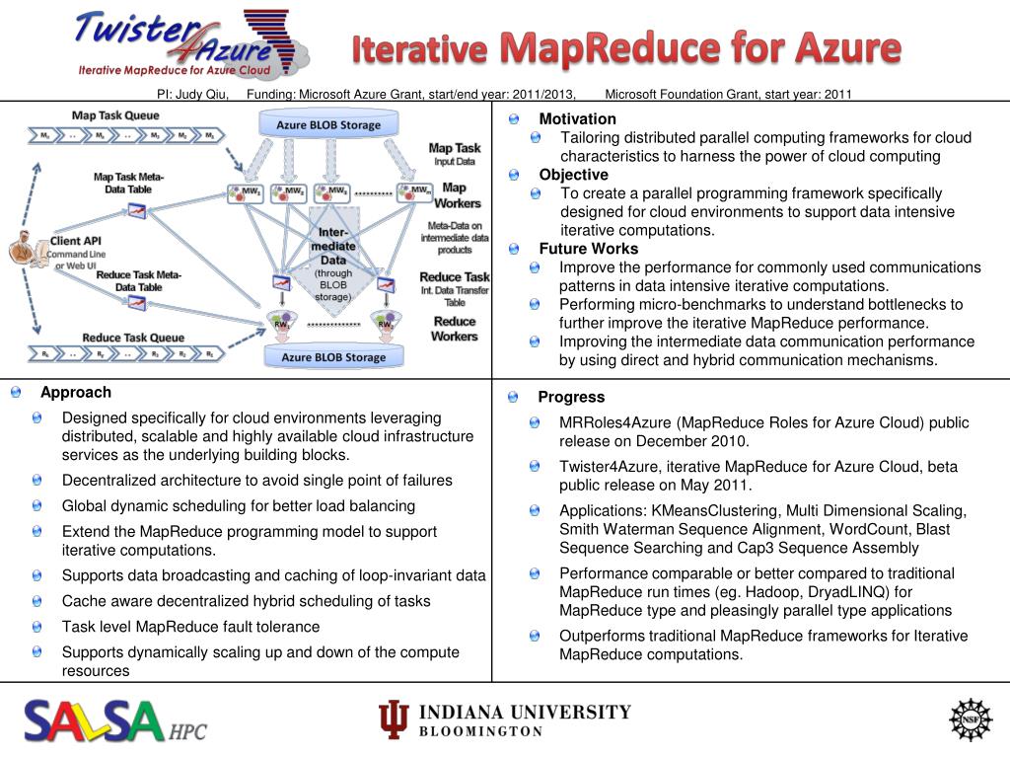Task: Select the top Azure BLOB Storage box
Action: click(328, 125)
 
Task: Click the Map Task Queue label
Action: click(115, 115)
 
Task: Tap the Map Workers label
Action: click(455, 195)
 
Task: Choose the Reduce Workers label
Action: click(454, 329)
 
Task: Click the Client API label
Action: click(76, 241)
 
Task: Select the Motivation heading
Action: click(577, 119)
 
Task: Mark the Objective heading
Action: click(573, 175)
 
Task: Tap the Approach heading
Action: click(76, 392)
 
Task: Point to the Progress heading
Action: click(571, 397)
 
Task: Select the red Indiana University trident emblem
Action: click(394, 720)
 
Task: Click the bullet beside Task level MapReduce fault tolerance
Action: click(36, 627)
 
